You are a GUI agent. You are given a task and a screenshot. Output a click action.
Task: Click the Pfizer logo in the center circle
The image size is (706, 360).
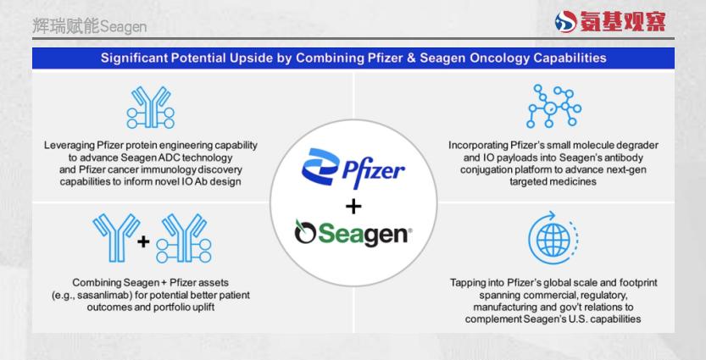tap(353, 168)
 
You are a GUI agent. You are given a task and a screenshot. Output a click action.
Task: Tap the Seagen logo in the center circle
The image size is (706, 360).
tap(353, 233)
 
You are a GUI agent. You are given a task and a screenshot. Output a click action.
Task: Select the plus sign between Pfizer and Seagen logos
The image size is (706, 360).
tap(353, 207)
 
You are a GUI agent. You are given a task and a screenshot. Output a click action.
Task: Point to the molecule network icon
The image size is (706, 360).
tap(553, 106)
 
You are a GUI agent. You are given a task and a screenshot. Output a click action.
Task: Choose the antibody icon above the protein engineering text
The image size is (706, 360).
tap(150, 108)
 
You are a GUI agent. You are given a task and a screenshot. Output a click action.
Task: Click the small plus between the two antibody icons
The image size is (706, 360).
tap(143, 242)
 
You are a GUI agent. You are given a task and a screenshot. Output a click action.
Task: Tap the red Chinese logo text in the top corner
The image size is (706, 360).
tap(622, 22)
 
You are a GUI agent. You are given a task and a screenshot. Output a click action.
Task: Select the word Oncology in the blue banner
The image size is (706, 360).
tap(500, 58)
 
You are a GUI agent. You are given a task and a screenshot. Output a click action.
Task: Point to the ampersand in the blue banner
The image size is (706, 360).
tap(410, 58)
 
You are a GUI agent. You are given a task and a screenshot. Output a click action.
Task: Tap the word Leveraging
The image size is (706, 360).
tap(69, 146)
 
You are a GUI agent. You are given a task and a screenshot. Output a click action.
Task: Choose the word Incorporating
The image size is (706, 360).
tap(478, 146)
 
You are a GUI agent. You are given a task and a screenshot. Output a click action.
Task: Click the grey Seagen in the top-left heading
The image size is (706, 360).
tap(124, 27)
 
